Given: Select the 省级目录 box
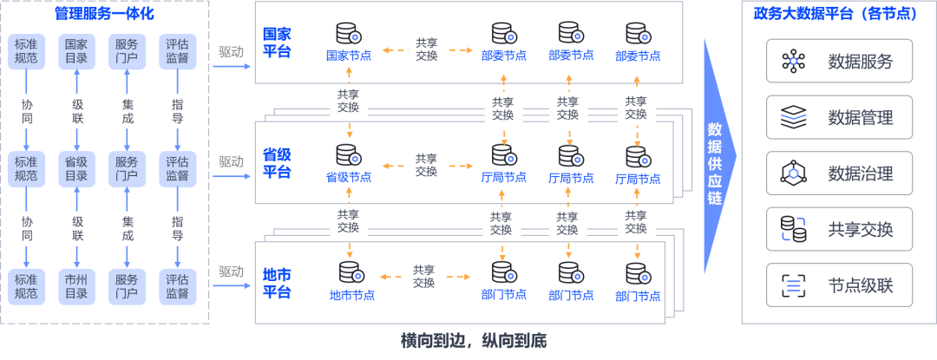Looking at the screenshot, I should [x=77, y=168].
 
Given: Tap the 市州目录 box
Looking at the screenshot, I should [x=77, y=286].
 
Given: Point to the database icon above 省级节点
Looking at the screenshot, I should [x=349, y=155].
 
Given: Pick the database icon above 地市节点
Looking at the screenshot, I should [x=351, y=273].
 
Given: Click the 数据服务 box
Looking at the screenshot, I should [x=838, y=62].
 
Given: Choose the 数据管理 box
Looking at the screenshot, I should [x=838, y=117].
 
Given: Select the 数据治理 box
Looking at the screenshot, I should [x=838, y=173].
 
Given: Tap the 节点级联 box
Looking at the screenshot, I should [x=838, y=285].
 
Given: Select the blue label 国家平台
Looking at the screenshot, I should [x=278, y=43].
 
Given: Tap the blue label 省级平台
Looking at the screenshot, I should [x=278, y=163].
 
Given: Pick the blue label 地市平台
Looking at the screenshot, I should [x=278, y=283].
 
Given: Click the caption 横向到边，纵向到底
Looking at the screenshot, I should [x=474, y=341].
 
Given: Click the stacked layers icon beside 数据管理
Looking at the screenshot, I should [x=793, y=117].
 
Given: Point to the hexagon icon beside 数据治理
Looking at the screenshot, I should [x=793, y=173].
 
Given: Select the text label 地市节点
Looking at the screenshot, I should [x=351, y=295].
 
